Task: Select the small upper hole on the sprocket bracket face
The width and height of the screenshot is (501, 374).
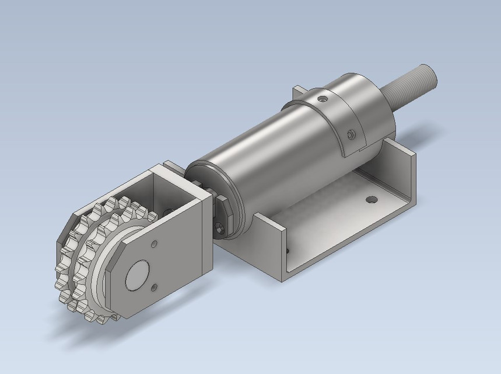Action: (155, 243)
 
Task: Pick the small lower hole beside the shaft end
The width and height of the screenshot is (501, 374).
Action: (153, 286)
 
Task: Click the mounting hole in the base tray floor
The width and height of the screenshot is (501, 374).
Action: (370, 200)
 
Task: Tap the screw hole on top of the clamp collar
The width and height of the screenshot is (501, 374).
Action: (321, 99)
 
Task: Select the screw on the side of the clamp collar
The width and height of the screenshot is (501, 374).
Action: (351, 135)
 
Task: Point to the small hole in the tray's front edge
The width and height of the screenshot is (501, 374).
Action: (288, 251)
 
